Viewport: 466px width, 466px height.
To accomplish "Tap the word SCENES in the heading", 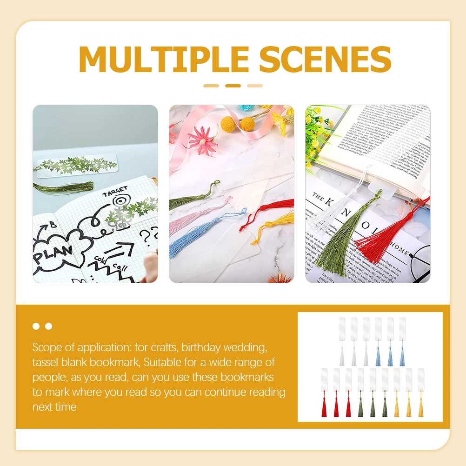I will coord(322,59).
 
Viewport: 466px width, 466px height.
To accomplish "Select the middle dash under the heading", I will coord(233,86).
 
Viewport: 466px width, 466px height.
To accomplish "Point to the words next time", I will coord(54,407).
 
